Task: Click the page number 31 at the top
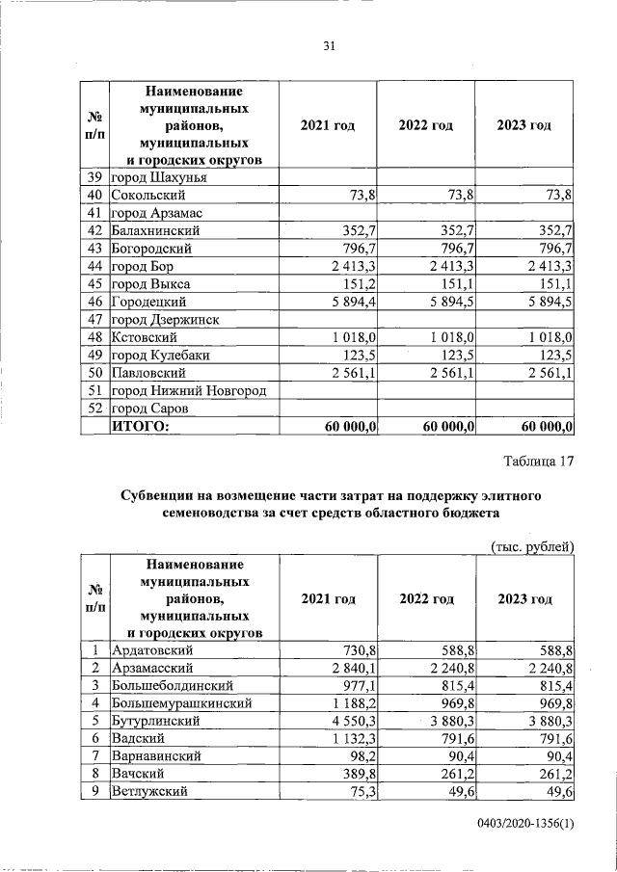(x=328, y=45)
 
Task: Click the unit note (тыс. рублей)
(x=532, y=545)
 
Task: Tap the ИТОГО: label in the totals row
(x=141, y=426)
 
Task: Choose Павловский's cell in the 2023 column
(x=547, y=373)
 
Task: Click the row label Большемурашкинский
(x=182, y=703)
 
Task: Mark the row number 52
(x=94, y=409)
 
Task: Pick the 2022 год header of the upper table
(x=426, y=126)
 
